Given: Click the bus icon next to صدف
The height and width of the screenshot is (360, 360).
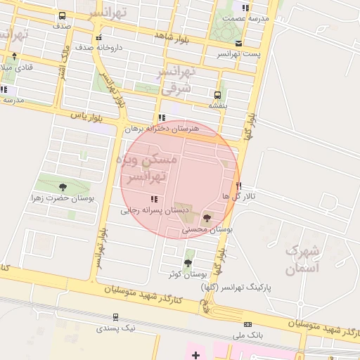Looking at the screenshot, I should (x=63, y=15).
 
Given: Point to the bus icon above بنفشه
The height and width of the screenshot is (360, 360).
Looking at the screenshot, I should (x=217, y=94).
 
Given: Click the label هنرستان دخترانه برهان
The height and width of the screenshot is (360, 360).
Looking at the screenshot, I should (x=162, y=129).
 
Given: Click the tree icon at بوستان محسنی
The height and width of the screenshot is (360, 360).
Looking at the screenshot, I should (x=206, y=219).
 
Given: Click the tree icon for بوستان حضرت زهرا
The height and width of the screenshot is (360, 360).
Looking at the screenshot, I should (x=63, y=187).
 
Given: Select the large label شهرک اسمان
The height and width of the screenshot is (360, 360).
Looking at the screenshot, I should (x=303, y=259).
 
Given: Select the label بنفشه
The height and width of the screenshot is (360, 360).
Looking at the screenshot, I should (x=218, y=105).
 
